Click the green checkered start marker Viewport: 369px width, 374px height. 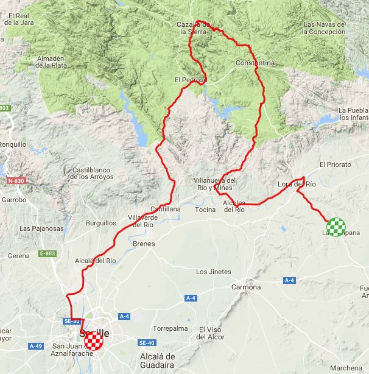coord(336,227)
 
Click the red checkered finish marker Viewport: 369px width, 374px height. coord(94,342)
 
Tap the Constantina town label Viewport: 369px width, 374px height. coord(255,63)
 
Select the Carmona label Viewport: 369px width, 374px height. coord(247,287)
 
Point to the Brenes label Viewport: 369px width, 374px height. coord(144,244)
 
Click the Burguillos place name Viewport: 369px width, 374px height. coord(101,223)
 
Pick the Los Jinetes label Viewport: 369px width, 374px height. coord(214,272)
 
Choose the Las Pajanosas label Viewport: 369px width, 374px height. coord(41,228)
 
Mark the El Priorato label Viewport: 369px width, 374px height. coord(336,164)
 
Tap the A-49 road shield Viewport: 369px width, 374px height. coord(35,346)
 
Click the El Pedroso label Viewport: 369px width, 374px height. coord(190,79)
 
